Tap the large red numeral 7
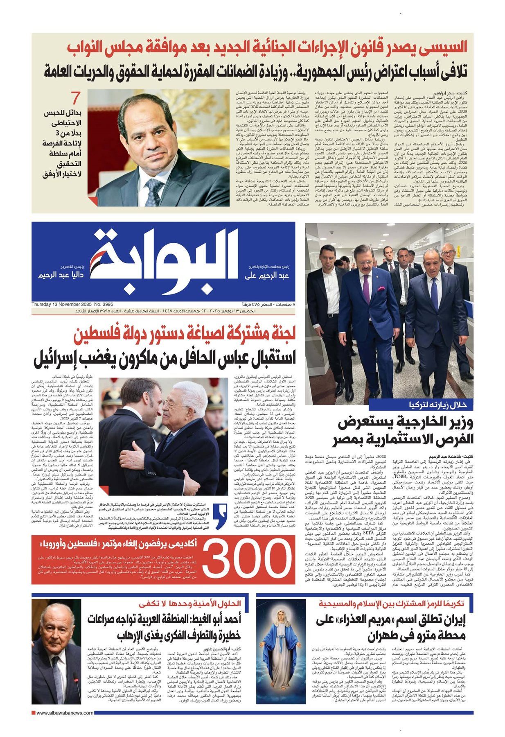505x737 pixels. tap(75, 98)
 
